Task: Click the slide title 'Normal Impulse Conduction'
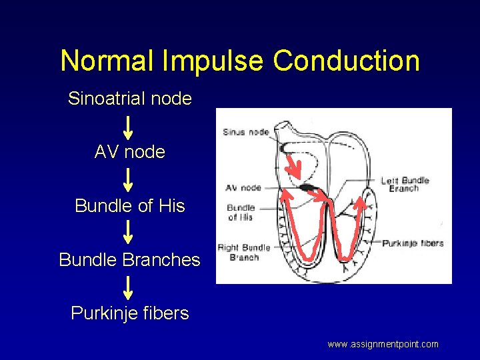tap(240, 61)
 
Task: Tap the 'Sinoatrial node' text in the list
tap(130, 99)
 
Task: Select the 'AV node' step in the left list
tap(130, 152)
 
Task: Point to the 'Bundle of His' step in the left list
tap(130, 206)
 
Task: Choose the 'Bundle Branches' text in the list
tap(130, 259)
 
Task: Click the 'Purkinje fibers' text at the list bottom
tap(130, 313)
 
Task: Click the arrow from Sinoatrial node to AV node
tap(129, 126)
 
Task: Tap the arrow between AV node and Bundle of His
tap(129, 179)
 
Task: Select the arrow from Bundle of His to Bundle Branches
tap(129, 232)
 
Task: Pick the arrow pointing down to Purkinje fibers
tap(129, 286)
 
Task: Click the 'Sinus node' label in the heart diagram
tap(245, 132)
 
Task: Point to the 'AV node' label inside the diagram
tap(243, 188)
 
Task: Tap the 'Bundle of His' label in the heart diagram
tap(240, 213)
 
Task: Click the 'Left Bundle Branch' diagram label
tap(405, 184)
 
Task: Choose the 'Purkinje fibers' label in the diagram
tap(413, 243)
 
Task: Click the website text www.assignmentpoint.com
tap(383, 344)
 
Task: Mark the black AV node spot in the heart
tap(308, 188)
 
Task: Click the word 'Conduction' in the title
tap(347, 61)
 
